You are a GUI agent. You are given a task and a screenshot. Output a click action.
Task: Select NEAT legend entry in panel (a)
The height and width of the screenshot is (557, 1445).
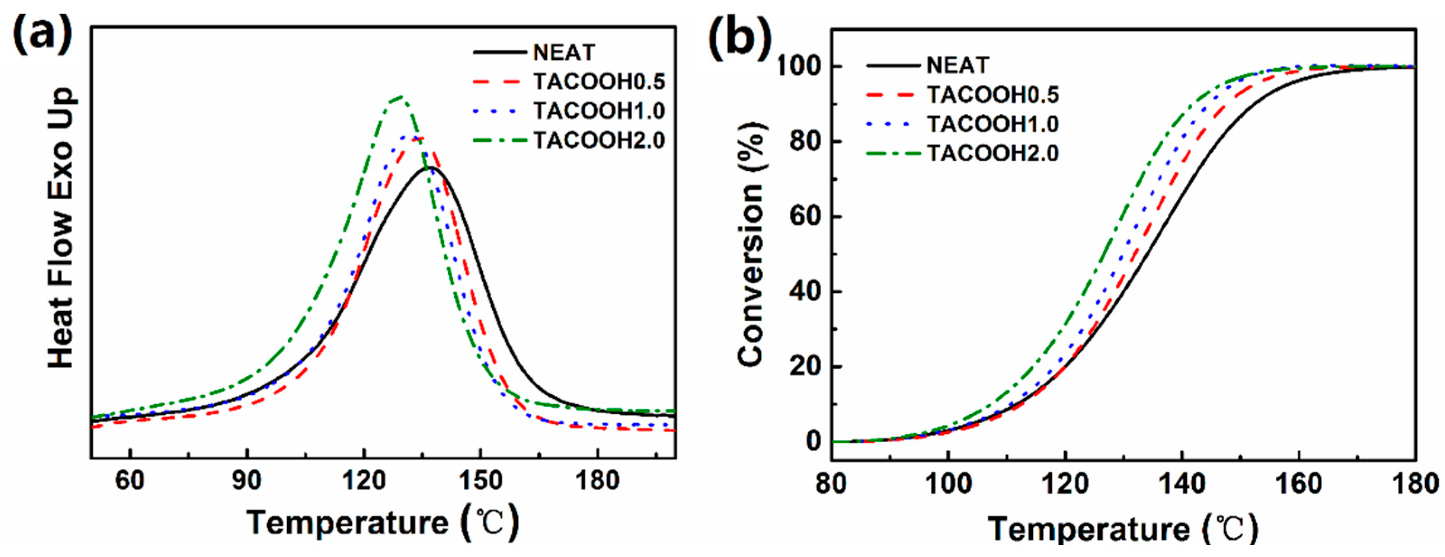click(563, 53)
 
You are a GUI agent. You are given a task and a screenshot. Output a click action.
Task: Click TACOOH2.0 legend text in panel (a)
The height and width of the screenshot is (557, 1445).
click(598, 140)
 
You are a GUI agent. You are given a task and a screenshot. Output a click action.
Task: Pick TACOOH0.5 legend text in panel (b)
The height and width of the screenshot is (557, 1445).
click(993, 95)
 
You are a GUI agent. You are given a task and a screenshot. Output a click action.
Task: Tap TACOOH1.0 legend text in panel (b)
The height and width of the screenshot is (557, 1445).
click(993, 124)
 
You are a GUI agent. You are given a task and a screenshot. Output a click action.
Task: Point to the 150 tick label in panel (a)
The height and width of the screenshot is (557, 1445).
click(480, 481)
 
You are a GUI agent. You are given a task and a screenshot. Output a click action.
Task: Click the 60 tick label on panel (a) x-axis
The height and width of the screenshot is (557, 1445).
click(130, 481)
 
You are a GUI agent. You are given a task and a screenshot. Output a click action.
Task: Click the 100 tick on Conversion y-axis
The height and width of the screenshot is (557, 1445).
click(798, 67)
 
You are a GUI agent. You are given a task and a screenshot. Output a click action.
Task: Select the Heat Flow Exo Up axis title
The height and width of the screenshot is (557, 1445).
click(61, 227)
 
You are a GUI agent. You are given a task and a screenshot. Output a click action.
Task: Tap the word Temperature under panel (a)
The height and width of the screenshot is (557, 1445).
click(348, 522)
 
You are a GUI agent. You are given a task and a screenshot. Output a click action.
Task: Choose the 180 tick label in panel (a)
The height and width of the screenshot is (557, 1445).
click(597, 481)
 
